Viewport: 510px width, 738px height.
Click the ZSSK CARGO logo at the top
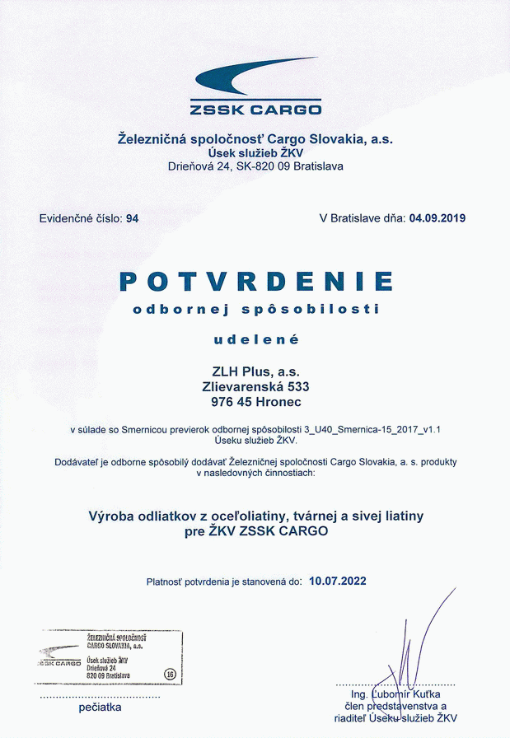tap(255, 86)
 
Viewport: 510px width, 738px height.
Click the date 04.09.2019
tap(437, 218)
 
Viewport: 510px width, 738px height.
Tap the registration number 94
tap(133, 218)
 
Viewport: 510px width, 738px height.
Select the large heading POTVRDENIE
tap(255, 281)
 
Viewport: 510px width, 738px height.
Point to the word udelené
tap(255, 339)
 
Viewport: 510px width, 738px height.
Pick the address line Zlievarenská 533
tap(255, 385)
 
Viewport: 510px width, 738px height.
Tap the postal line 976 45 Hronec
tap(255, 401)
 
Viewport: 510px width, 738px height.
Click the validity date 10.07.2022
tap(338, 581)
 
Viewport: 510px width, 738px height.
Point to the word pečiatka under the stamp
tap(100, 707)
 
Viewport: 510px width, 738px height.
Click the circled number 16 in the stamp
tap(171, 673)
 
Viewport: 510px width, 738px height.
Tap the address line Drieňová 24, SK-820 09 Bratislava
tap(255, 166)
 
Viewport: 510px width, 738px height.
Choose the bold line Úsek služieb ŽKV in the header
tap(255, 153)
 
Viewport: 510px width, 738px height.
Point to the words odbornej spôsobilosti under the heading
tap(255, 310)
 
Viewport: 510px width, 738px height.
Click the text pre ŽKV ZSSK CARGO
tap(255, 531)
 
